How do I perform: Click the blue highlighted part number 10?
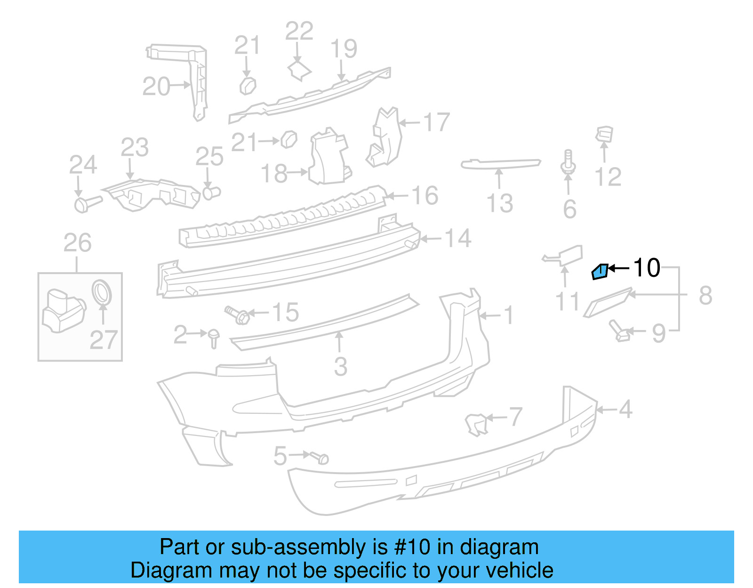click(x=600, y=272)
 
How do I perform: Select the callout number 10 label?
click(x=647, y=268)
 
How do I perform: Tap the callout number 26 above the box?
click(x=78, y=243)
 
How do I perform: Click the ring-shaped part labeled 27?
click(x=102, y=292)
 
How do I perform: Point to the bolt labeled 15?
click(x=237, y=314)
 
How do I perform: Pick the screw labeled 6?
click(x=568, y=162)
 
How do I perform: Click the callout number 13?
click(x=499, y=203)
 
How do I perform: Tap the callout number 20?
click(x=156, y=87)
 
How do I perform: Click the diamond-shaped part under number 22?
click(x=299, y=71)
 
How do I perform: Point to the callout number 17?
click(x=437, y=122)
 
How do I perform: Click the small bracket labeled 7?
click(x=476, y=423)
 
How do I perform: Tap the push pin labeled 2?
click(x=214, y=337)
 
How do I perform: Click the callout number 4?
click(x=625, y=410)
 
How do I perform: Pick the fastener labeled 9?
click(x=619, y=331)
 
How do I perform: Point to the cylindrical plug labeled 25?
click(x=211, y=192)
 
